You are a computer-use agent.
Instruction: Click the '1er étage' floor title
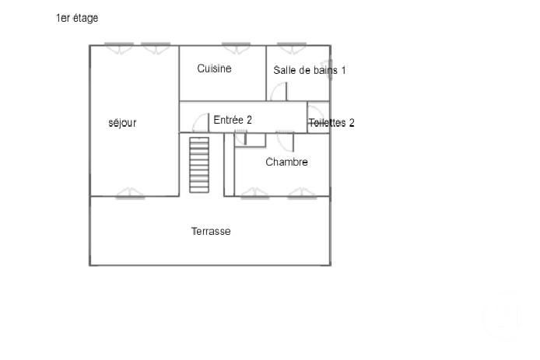click(77, 18)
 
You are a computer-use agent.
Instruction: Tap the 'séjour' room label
click(122, 123)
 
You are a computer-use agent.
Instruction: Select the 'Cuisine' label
click(214, 68)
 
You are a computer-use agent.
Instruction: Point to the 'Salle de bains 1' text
click(309, 70)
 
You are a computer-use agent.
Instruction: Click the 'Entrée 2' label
click(233, 120)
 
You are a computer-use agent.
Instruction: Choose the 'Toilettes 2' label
click(331, 123)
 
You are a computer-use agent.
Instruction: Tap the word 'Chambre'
click(286, 162)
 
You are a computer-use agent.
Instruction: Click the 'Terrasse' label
click(211, 231)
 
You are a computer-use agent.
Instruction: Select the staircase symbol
click(200, 164)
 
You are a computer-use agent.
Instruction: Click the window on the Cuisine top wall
click(233, 47)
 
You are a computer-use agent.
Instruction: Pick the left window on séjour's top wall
click(119, 47)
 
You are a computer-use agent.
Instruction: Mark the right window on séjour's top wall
click(155, 47)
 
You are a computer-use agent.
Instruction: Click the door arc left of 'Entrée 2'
click(201, 123)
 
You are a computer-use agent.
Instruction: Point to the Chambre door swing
click(285, 141)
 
